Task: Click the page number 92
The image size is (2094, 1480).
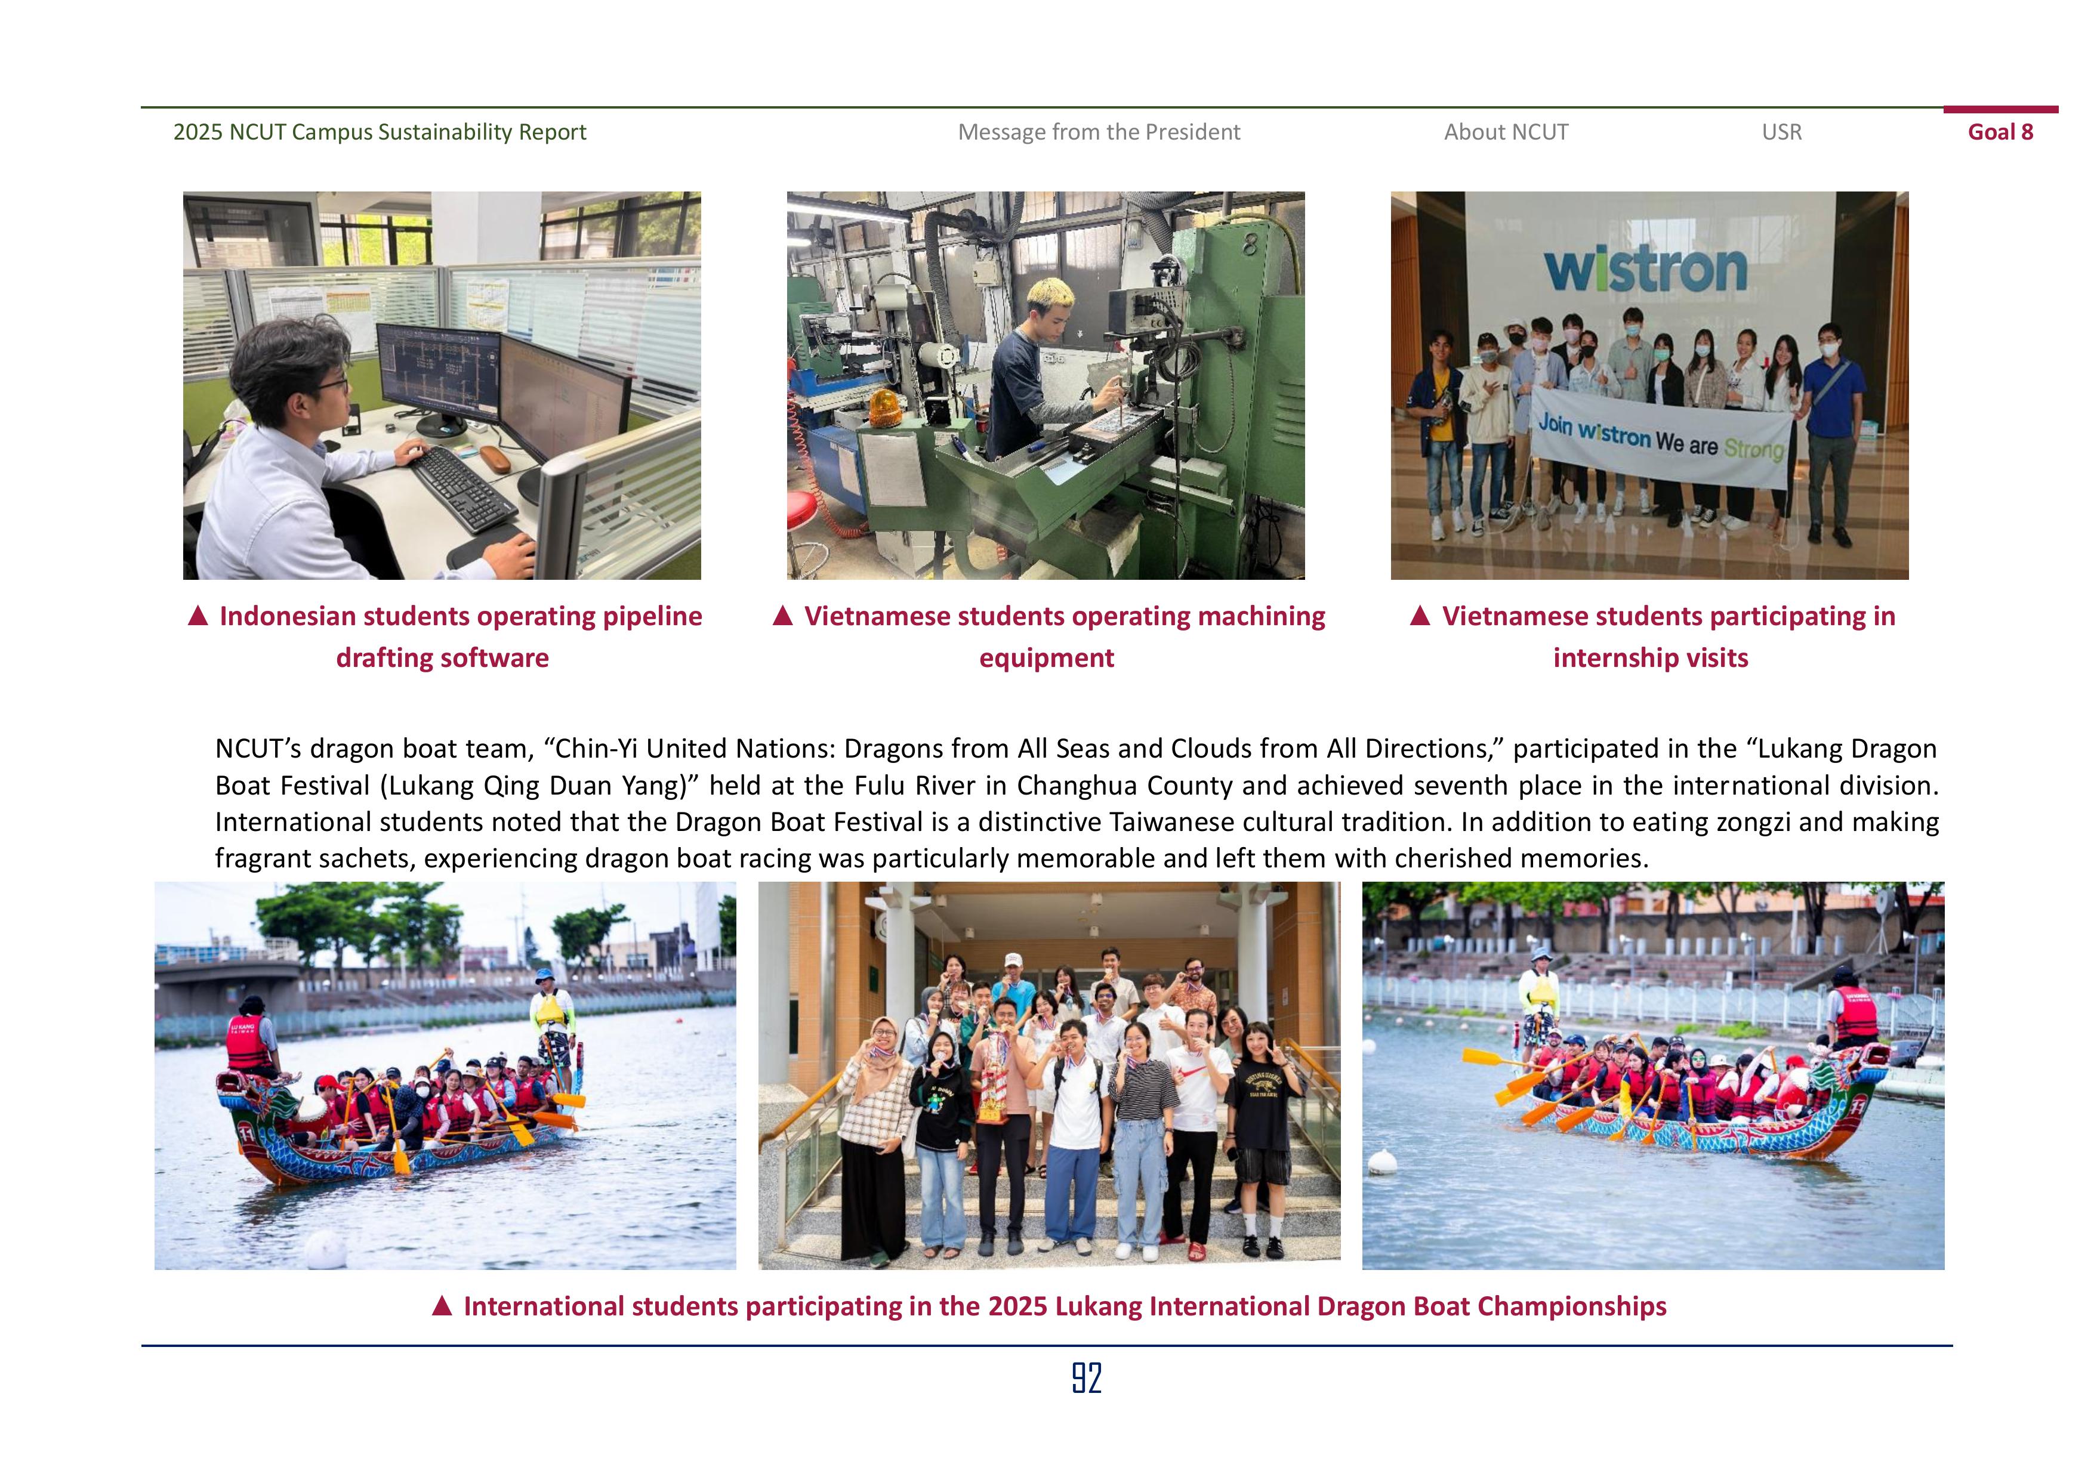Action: [1086, 1378]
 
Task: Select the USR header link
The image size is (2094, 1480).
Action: [1781, 132]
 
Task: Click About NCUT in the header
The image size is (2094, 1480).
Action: [1506, 132]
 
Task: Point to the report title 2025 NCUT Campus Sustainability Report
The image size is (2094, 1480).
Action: [380, 132]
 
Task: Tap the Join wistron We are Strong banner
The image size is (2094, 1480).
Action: [1660, 440]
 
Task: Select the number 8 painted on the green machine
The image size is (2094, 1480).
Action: [1248, 243]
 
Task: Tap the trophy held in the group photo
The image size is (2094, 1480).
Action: [989, 1085]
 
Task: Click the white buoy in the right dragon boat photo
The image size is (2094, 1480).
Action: [1383, 1161]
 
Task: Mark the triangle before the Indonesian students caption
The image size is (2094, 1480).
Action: [198, 616]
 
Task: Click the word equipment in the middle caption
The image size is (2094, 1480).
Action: [1046, 659]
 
